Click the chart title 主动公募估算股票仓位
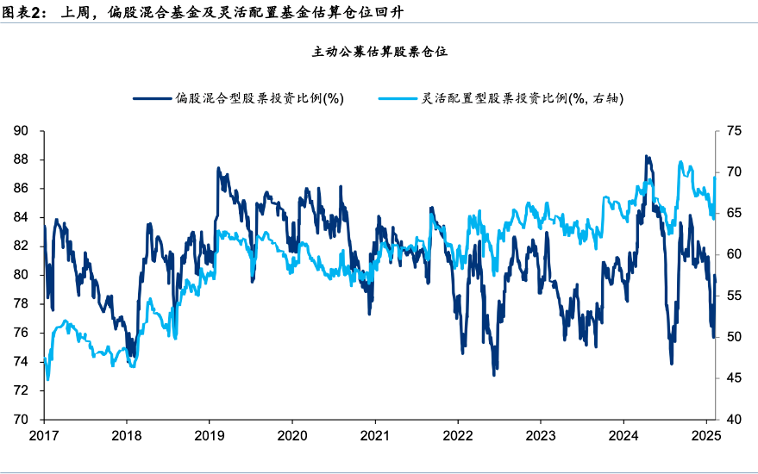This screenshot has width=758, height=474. pos(379,52)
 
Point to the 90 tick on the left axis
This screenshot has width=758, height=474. pos(22,131)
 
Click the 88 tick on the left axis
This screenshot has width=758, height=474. pos(22,159)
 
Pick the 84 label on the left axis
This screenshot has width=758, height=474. pos(22,217)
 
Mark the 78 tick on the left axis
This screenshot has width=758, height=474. pos(22,304)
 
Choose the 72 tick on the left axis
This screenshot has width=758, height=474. pos(22,390)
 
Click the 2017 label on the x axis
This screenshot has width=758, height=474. pos(44,435)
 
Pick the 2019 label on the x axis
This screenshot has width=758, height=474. pos(210,435)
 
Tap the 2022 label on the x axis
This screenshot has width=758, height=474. pos(457,435)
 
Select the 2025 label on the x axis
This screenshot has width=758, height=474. pos(705,435)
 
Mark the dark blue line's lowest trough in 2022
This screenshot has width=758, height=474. pos(494,375)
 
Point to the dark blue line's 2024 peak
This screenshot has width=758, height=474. pos(646,156)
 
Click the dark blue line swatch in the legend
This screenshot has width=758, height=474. pos(152,98)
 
